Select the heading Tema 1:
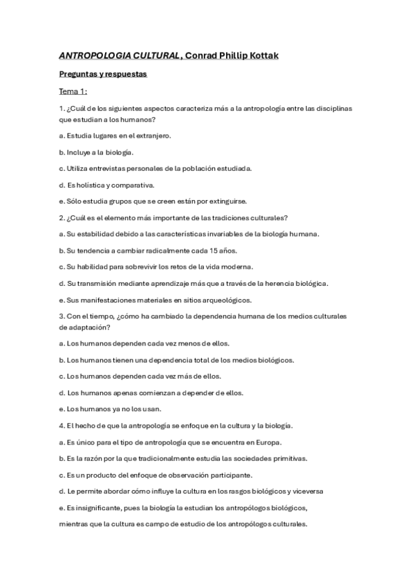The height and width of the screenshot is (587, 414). point(77,91)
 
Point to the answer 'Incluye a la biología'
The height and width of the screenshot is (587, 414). point(100,152)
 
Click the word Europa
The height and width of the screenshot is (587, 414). point(266,442)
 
